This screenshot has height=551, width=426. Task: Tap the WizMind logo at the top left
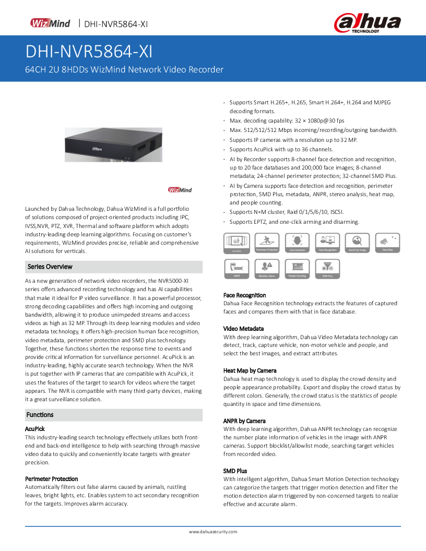(50, 23)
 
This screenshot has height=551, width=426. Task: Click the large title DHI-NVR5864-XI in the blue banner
(89, 52)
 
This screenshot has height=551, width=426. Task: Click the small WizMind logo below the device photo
(180, 190)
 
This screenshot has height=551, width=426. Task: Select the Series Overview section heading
(50, 267)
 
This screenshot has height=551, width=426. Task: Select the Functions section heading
(40, 415)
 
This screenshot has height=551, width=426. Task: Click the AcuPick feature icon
(236, 243)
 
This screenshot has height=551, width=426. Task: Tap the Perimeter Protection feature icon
(267, 243)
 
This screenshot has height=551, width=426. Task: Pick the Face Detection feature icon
(298, 243)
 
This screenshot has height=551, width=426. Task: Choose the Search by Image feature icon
(358, 243)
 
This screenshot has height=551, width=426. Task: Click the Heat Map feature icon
(388, 243)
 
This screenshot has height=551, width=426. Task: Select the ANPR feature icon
(236, 268)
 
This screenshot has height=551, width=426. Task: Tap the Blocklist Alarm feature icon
(267, 268)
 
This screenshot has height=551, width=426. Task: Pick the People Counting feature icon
(298, 268)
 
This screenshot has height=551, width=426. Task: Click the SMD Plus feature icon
(328, 268)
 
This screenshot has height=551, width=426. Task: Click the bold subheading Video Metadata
(243, 329)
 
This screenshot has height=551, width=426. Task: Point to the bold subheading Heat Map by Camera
(250, 370)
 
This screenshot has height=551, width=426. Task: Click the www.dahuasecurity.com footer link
(213, 532)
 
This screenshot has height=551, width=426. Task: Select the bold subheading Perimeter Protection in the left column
(52, 478)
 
